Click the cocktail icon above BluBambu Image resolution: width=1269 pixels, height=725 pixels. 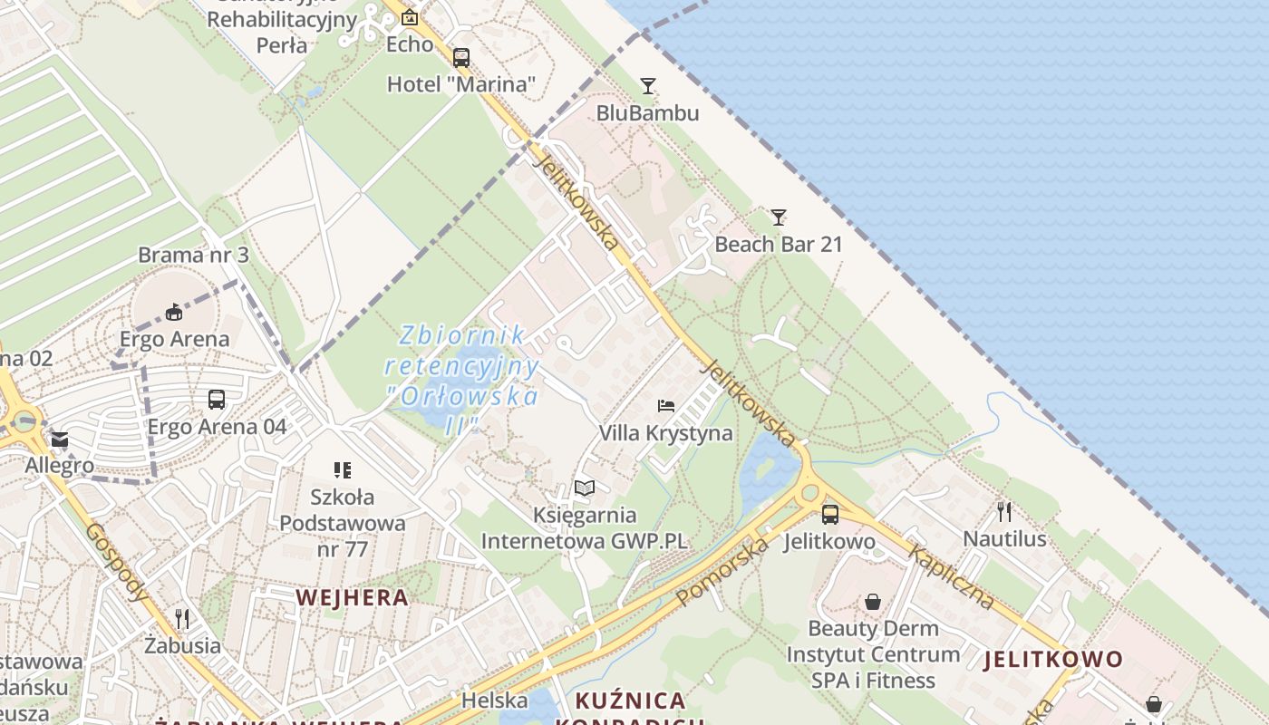coord(647,86)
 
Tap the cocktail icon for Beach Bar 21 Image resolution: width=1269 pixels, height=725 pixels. coord(779,217)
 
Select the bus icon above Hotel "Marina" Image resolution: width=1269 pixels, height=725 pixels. coord(461,58)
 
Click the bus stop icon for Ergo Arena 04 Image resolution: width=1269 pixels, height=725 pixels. coord(217,400)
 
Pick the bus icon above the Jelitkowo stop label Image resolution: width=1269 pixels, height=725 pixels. coord(830,515)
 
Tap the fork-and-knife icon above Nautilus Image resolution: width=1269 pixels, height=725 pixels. coord(1004,512)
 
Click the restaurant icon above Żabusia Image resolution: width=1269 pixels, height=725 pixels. coord(182,619)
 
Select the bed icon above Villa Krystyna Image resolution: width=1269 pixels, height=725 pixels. coord(666,405)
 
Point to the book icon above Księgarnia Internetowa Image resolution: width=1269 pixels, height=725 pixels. coord(585,488)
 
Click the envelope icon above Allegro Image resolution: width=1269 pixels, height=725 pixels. coord(60,440)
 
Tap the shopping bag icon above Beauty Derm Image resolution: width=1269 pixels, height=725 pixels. coord(872,602)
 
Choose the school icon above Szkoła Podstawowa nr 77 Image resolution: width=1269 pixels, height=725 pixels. coord(342,469)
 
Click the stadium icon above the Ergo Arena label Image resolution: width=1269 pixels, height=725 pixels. coord(173,313)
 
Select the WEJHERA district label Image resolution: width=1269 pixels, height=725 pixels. coord(352,597)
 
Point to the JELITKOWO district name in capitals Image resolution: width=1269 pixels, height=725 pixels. coord(1053,659)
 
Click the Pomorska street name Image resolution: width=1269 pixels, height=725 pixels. coord(722,571)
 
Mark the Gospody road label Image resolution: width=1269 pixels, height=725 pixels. coord(117,562)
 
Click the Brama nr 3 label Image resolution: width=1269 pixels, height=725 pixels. coord(193,255)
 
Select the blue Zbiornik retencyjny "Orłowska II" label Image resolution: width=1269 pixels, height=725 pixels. coord(462,381)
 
